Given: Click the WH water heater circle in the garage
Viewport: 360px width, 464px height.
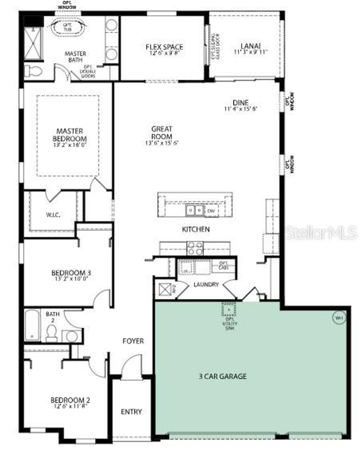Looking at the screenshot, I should tap(339, 318).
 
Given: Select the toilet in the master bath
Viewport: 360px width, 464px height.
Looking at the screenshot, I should tap(34, 72).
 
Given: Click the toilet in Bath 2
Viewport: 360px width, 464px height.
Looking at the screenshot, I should tap(51, 332).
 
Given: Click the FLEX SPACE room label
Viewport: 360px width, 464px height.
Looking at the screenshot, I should tap(164, 47).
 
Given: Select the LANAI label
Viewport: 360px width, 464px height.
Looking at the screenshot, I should tap(251, 46).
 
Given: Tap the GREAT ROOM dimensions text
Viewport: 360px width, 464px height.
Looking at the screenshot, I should tap(162, 143).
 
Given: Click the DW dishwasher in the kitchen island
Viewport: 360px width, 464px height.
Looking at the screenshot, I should tap(211, 211).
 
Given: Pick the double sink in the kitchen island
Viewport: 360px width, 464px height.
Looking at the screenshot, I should tap(194, 210).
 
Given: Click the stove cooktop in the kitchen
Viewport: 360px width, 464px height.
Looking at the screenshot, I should tap(195, 248).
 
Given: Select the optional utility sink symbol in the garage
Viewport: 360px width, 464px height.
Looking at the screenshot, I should tap(229, 309).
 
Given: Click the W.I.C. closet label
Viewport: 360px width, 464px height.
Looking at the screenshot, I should tap(53, 215).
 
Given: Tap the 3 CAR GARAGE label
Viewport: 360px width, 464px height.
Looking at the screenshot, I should tap(223, 376).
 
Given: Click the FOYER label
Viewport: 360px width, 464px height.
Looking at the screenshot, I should tap(133, 341).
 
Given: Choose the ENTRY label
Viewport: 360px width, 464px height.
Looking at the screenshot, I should tap(131, 412).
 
